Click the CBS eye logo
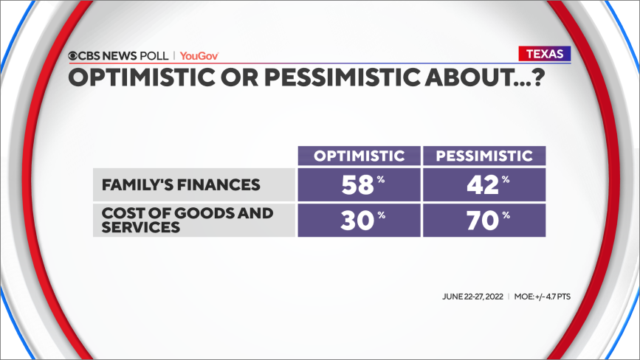tap(72, 56)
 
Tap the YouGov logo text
tap(199, 56)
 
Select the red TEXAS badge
tap(545, 54)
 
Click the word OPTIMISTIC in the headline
tap(142, 77)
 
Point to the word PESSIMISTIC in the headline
tap(343, 77)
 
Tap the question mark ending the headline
tap(539, 77)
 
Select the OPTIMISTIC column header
tap(359, 156)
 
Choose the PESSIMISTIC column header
tap(484, 156)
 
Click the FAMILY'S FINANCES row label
tap(181, 184)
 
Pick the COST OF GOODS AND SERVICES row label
tap(187, 220)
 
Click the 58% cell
tap(359, 184)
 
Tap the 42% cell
tap(484, 184)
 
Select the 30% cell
tap(359, 220)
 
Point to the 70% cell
tap(484, 220)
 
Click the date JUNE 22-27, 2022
tap(472, 297)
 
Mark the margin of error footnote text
tap(542, 297)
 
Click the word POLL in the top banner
tap(154, 56)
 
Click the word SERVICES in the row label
tap(141, 227)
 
